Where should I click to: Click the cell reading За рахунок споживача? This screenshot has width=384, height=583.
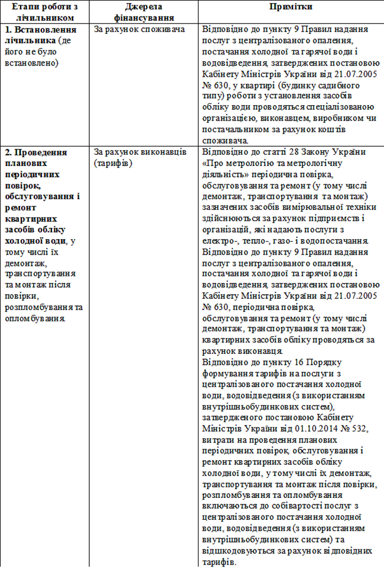[139, 29]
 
